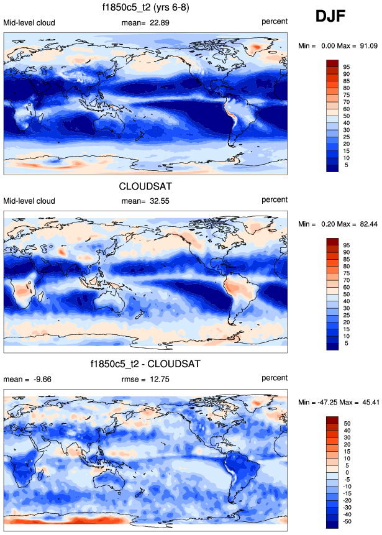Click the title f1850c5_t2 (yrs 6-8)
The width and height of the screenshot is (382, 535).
pyautogui.click(x=146, y=8)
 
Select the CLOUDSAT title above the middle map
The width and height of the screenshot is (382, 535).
pyautogui.click(x=146, y=186)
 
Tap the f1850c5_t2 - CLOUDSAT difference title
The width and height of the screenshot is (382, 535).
pyautogui.click(x=146, y=363)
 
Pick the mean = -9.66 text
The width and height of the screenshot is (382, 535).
pyautogui.click(x=27, y=378)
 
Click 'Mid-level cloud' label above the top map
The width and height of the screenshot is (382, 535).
pyautogui.click(x=29, y=23)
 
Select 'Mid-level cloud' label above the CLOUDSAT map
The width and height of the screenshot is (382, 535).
pyautogui.click(x=29, y=201)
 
